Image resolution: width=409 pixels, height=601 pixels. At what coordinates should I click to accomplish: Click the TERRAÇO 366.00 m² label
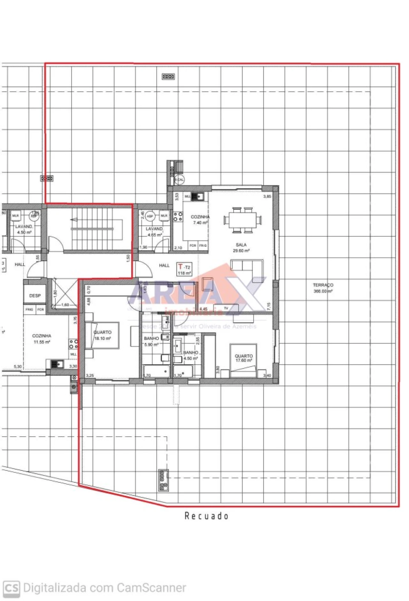323,288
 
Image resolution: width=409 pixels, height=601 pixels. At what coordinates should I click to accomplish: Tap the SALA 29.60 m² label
241,248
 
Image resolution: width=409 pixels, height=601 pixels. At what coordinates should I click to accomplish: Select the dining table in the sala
243,220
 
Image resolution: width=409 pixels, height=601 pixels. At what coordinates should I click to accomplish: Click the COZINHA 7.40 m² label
200,220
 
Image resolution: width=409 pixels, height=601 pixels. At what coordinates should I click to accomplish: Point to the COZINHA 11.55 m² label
42,339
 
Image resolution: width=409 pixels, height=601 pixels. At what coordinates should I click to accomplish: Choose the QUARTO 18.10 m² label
103,335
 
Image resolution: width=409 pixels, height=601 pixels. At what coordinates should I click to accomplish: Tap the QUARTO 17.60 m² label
244,358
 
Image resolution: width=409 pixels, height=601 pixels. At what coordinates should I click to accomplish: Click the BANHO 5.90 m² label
151,341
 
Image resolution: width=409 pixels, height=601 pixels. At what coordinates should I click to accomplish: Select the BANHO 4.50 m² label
190,355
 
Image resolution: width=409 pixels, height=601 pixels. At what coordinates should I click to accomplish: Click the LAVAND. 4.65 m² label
154,232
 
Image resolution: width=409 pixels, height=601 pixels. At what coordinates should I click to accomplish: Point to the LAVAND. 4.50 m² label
24,229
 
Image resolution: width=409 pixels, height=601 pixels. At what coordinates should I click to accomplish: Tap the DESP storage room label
35,296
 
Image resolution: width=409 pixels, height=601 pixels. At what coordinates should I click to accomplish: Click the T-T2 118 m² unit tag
184,269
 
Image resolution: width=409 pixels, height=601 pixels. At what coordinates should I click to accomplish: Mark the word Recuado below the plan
206,516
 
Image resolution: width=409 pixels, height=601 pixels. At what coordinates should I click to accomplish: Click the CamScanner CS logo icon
12,588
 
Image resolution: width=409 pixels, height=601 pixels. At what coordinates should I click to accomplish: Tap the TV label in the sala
226,308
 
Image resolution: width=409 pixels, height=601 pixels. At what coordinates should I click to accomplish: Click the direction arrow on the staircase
74,219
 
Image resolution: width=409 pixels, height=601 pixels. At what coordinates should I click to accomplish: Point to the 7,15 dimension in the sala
269,306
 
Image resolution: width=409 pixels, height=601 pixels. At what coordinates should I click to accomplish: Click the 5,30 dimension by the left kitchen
18,367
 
